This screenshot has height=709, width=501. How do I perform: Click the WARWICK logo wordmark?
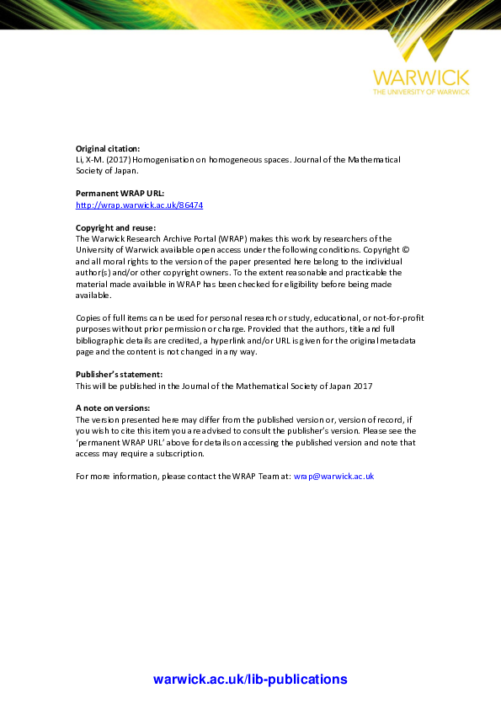(x=421, y=77)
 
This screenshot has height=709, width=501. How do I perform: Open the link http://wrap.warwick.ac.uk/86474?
(x=127, y=205)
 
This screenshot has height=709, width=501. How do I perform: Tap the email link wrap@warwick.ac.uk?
(x=333, y=476)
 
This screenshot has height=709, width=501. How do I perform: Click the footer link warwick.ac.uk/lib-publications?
(x=250, y=680)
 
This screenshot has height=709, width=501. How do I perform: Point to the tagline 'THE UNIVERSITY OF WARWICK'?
(x=421, y=91)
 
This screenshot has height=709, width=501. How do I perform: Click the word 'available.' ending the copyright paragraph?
(x=93, y=296)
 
